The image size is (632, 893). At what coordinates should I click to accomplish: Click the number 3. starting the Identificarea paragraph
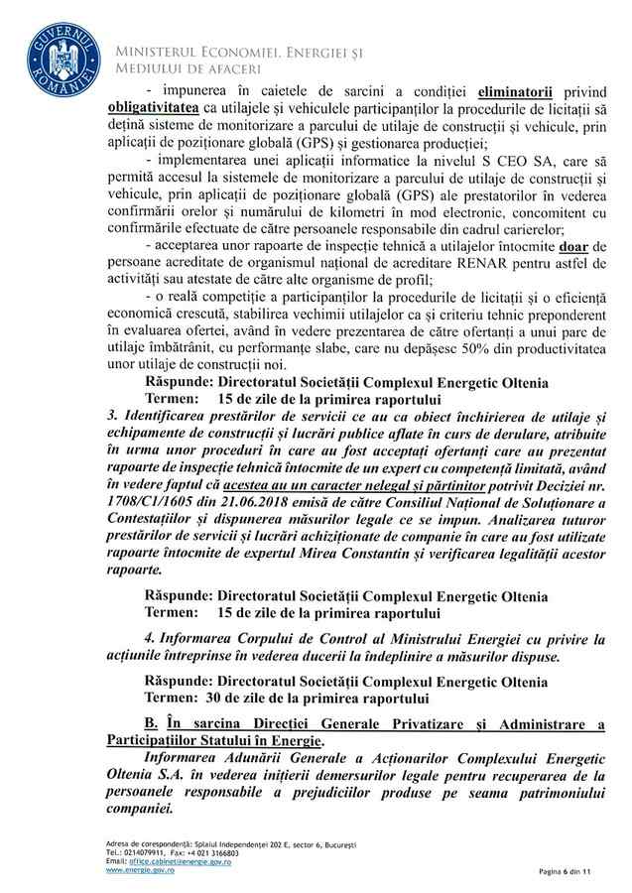(113, 429)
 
